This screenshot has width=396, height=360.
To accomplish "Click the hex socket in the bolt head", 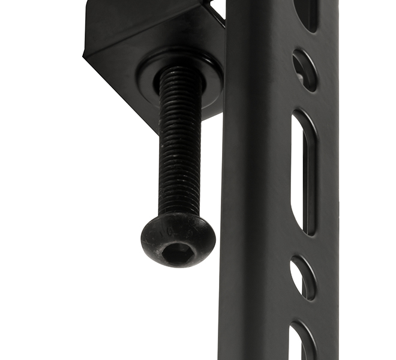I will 178,252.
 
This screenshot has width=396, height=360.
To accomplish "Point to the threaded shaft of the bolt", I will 179,150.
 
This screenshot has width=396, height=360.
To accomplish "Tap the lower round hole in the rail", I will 303,277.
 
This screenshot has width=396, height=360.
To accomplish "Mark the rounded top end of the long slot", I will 304,118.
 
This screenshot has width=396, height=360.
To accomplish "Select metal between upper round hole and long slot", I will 304,100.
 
